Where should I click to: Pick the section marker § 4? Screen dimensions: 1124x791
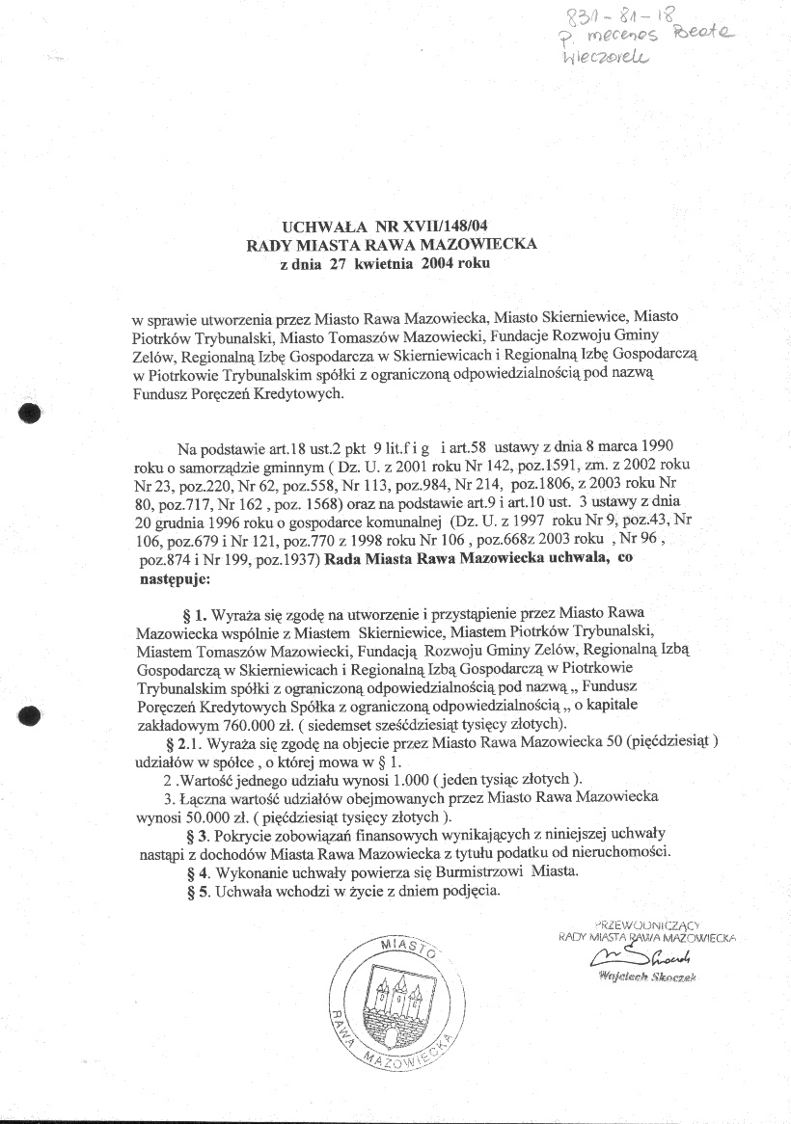point(194,871)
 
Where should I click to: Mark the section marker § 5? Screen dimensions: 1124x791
point(194,891)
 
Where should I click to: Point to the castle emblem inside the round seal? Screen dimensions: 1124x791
point(391,1003)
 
